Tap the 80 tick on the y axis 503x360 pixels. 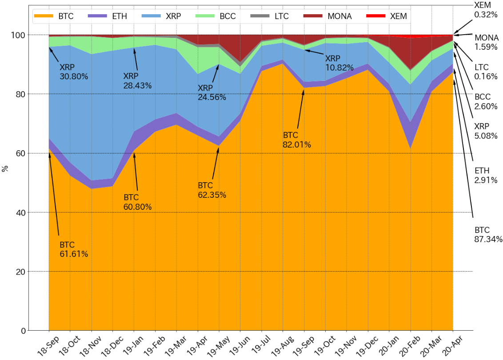[x=20, y=94]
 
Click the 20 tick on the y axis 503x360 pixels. [x=20, y=272]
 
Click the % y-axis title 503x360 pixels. [x=5, y=168]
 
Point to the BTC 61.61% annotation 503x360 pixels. [x=74, y=250]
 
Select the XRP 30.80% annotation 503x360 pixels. [x=74, y=72]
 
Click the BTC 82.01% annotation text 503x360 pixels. [x=297, y=140]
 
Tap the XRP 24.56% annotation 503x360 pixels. [x=212, y=92]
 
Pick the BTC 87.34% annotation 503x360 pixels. [x=488, y=235]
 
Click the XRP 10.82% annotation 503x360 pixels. [x=339, y=63]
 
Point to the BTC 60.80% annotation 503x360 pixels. [x=138, y=202]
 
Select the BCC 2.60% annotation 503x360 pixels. [x=486, y=101]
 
